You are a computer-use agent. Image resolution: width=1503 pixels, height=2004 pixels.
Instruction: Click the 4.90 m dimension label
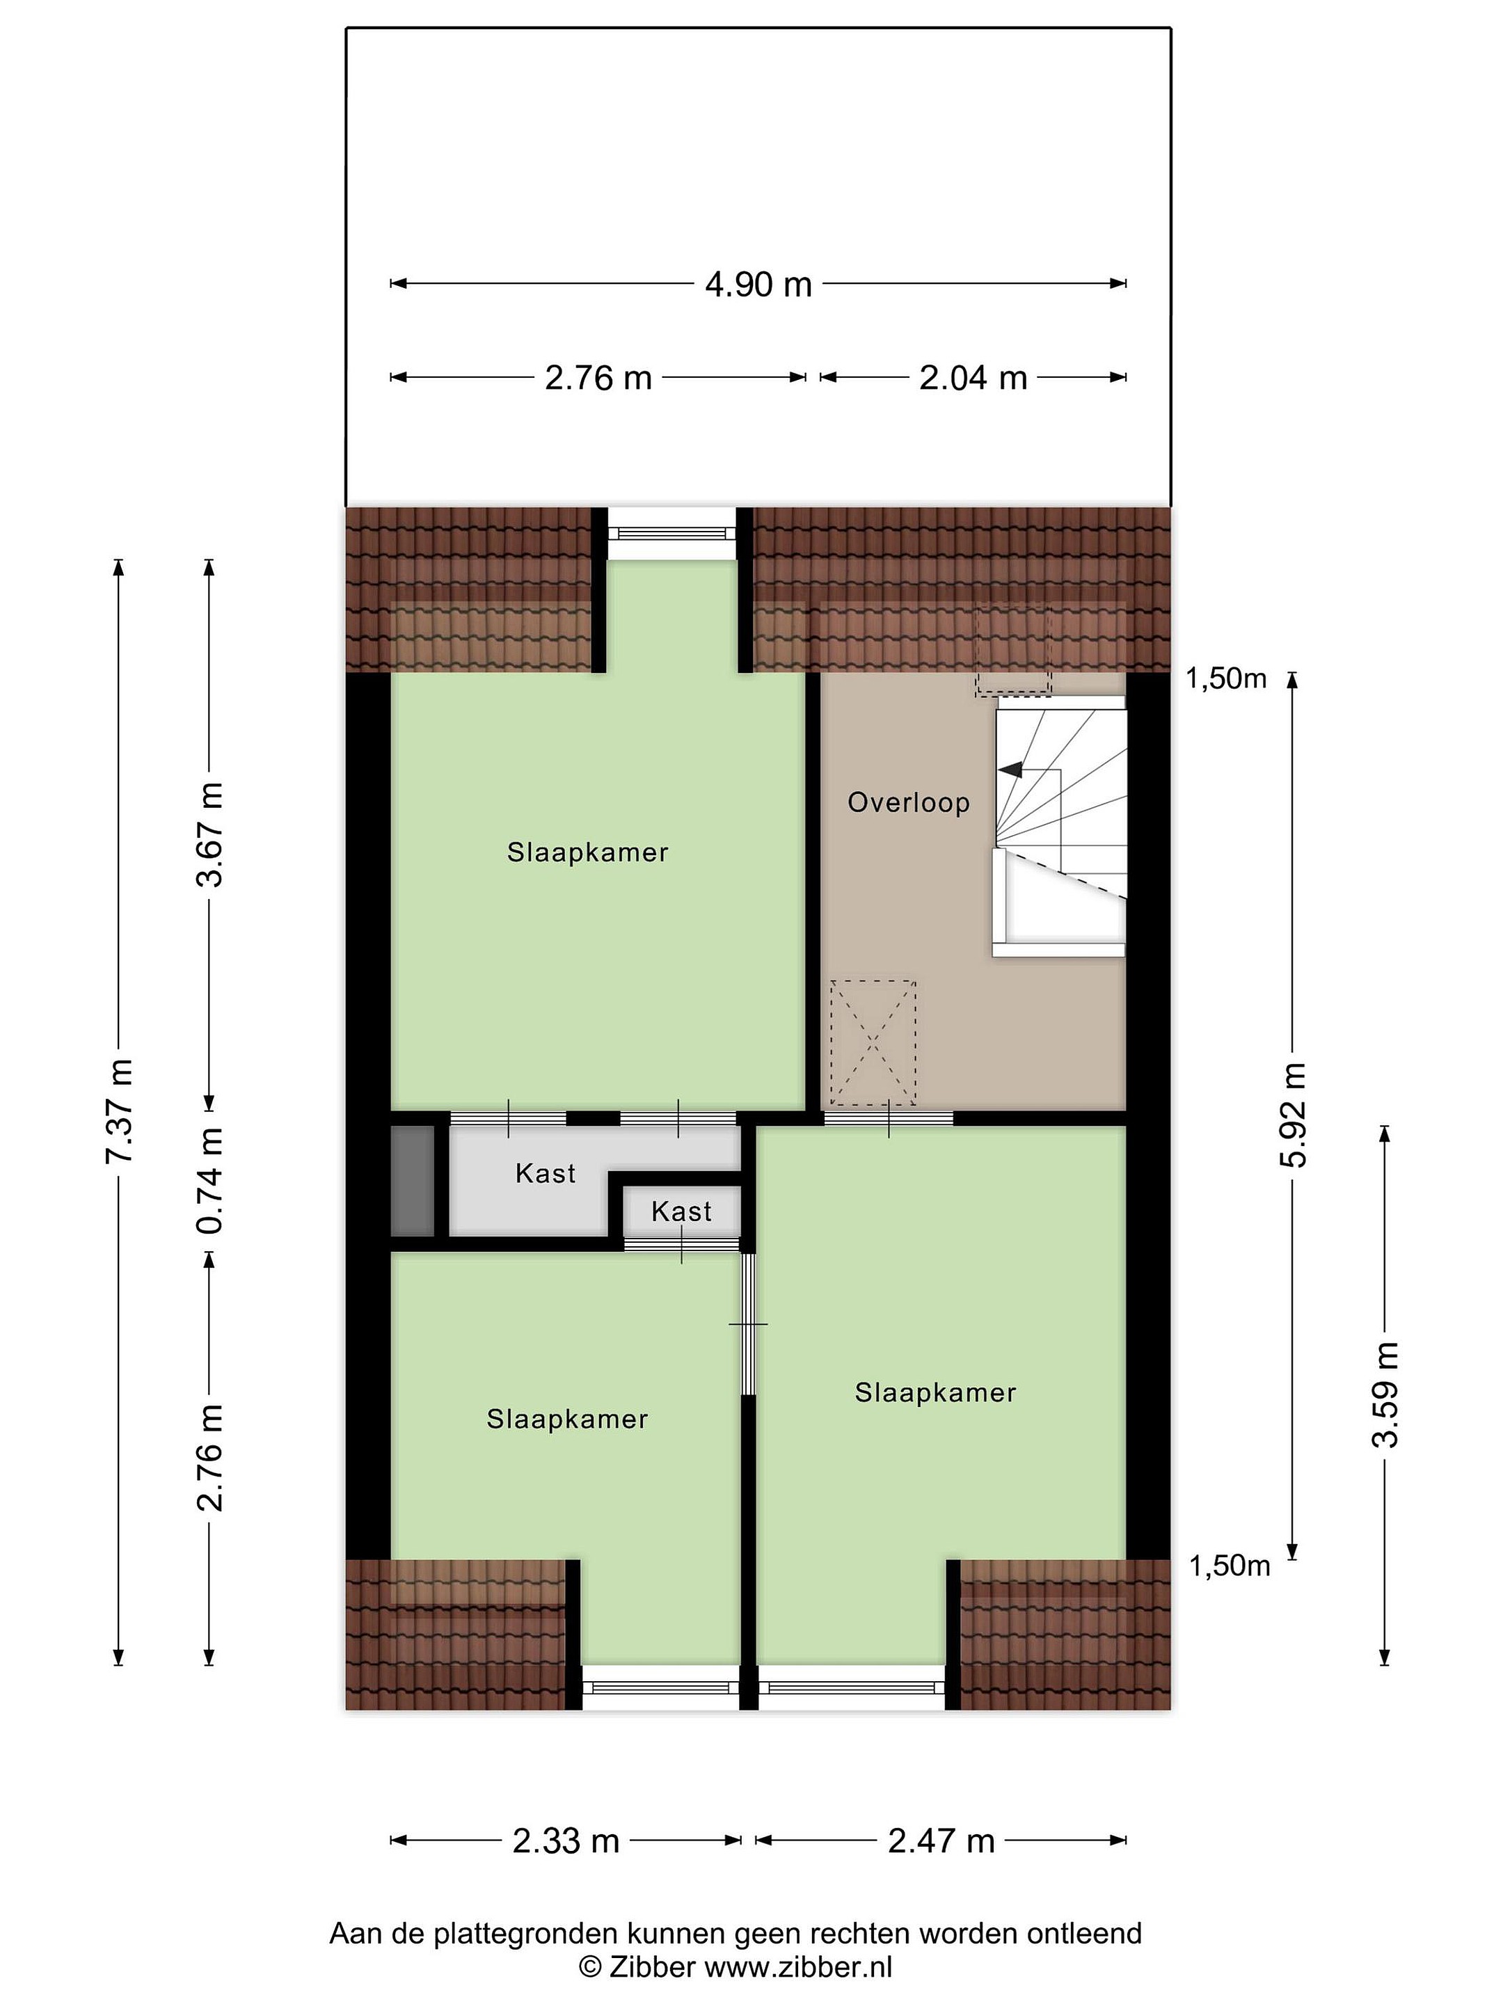pos(758,285)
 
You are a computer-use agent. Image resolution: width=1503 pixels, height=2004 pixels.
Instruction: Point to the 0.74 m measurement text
pos(210,1179)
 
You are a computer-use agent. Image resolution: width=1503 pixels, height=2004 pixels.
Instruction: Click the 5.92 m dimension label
pos(1294,1115)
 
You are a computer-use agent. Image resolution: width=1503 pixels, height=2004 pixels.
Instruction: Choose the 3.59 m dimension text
pos(1386,1394)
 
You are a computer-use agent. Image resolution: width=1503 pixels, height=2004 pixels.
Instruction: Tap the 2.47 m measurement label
pos(941,1841)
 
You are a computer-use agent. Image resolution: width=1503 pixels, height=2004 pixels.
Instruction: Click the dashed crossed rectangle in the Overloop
pos(873,1044)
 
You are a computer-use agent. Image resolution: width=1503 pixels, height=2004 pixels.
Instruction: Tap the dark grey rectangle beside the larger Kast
pos(412,1180)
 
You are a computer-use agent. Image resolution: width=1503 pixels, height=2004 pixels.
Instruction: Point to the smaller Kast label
pos(681,1212)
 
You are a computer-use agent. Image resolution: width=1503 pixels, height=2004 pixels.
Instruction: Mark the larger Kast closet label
pos(546,1174)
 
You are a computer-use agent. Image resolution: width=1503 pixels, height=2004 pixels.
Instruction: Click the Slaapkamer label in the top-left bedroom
pos(587,852)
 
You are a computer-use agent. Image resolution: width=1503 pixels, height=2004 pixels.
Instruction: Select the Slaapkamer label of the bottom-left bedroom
pos(567,1419)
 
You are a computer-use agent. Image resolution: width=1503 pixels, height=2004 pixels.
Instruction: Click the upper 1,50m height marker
pos(1226,678)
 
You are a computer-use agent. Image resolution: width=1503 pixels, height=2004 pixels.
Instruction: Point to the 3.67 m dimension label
pos(210,834)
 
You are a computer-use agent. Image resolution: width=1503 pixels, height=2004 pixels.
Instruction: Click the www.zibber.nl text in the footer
pos(798,1967)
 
